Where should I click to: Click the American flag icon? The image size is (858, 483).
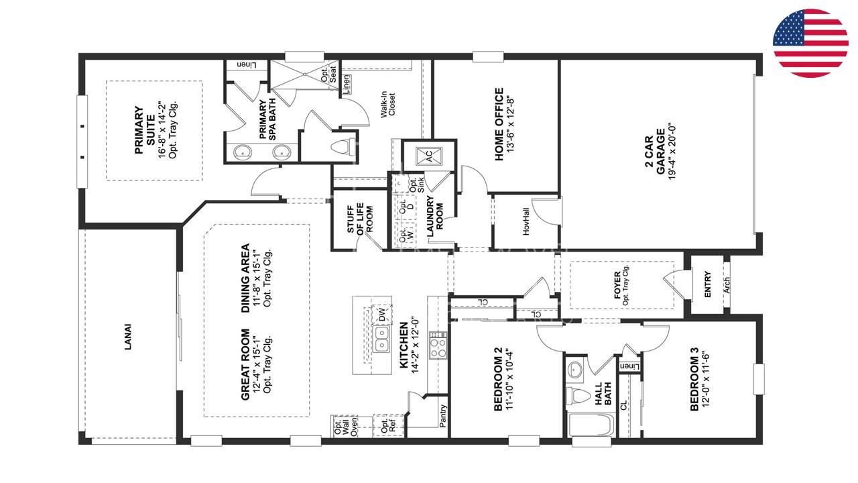[x=810, y=44]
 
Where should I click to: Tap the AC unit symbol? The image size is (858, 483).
[x=429, y=156]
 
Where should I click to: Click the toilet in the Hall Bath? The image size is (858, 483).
[x=578, y=396]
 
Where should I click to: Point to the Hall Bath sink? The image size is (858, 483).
[x=574, y=370]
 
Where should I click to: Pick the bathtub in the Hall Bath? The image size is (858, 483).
[x=591, y=425]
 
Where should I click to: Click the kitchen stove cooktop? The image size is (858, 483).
[x=438, y=345]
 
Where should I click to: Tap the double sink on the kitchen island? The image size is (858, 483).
[x=382, y=339]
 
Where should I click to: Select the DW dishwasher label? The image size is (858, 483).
[x=382, y=315]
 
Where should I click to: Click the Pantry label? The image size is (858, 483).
[x=443, y=415]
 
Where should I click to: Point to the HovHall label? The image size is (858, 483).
[x=526, y=221]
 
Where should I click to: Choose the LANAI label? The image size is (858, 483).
[x=128, y=337]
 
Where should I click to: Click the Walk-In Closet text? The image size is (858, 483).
[x=387, y=104]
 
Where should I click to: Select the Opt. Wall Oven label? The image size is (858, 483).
[x=346, y=426]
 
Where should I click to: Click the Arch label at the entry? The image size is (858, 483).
[x=727, y=285]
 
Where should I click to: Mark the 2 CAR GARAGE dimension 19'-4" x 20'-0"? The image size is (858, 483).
[x=672, y=152]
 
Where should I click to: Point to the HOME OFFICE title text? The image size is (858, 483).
[x=499, y=124]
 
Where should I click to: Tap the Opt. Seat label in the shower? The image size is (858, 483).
[x=329, y=74]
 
